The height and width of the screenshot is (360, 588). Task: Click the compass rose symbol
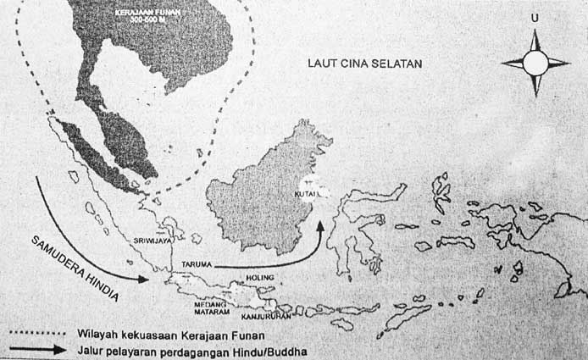click(x=535, y=63)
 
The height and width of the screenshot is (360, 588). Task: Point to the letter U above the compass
click(x=534, y=17)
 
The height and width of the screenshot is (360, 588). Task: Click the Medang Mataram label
click(x=192, y=307)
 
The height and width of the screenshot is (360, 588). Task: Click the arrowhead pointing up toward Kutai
click(x=320, y=226)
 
